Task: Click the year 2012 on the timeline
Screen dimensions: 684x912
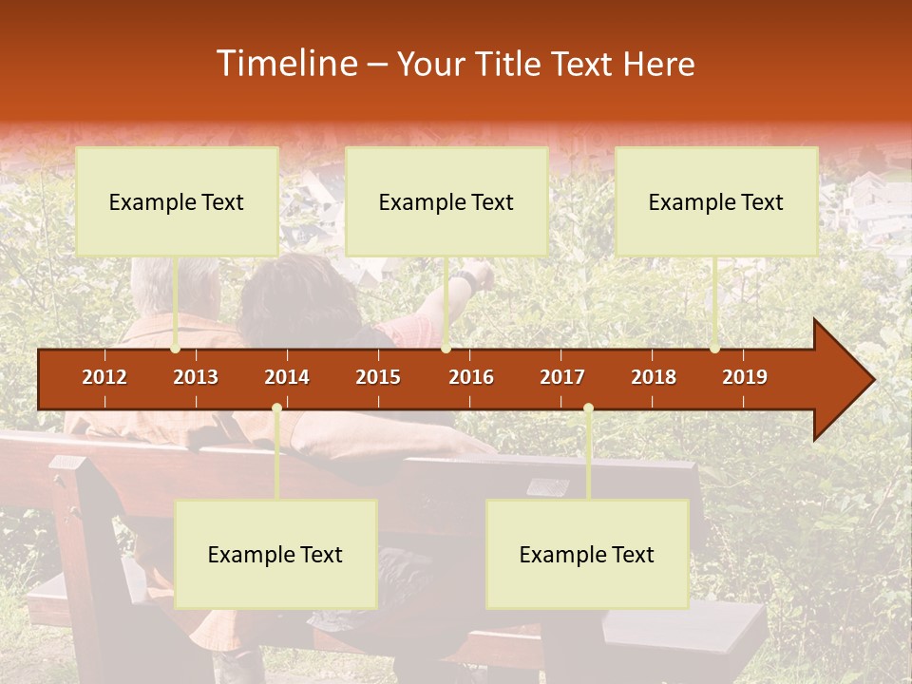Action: coord(104,377)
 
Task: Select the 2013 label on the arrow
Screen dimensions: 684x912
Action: coord(196,377)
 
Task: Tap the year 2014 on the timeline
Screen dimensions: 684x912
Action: coord(287,377)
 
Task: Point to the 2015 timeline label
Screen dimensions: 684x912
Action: coord(378,377)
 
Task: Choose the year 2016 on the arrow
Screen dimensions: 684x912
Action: coord(471,377)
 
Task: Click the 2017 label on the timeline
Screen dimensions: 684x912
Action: coord(562,377)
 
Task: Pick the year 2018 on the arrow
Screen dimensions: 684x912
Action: coord(654,377)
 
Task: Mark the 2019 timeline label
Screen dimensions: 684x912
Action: coord(745,377)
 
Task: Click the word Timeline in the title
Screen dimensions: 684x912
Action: coord(284,64)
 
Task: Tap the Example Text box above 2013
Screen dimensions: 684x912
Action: coord(177,201)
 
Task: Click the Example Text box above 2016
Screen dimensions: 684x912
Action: coord(446,201)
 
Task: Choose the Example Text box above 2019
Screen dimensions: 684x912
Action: coord(716,201)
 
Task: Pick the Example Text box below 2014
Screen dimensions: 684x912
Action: coord(275,554)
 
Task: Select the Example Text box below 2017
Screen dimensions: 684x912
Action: coord(587,554)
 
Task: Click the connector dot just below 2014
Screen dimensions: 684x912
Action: coord(276,408)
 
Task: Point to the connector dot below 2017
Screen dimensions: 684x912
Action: coord(588,408)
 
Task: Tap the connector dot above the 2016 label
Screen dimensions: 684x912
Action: coord(446,349)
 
